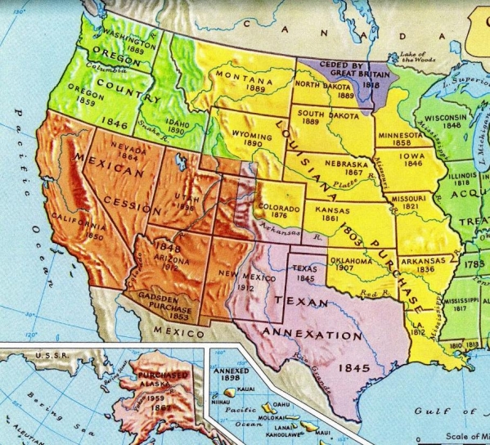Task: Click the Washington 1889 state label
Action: click(x=129, y=43)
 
